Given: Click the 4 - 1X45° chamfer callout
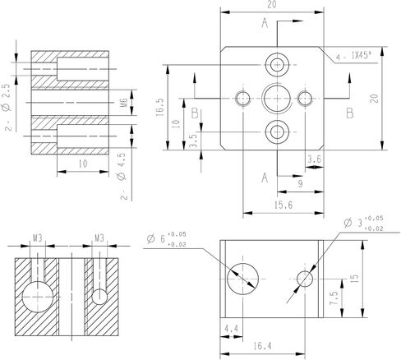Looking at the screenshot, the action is pyautogui.click(x=353, y=57).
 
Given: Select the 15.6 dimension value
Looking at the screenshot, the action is pyautogui.click(x=283, y=205).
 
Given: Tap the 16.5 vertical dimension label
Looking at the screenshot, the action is pyautogui.click(x=160, y=107).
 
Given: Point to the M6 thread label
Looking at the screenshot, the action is pyautogui.click(x=124, y=103).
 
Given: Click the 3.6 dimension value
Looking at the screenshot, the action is pyautogui.click(x=314, y=159).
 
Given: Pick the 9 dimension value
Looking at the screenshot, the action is pyautogui.click(x=301, y=183).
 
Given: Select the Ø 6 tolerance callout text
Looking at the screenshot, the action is pyautogui.click(x=167, y=239).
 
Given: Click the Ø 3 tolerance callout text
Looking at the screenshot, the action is pyautogui.click(x=363, y=223).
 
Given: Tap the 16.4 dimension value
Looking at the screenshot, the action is pyautogui.click(x=262, y=346).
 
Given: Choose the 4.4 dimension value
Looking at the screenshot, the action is pyautogui.click(x=232, y=329).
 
